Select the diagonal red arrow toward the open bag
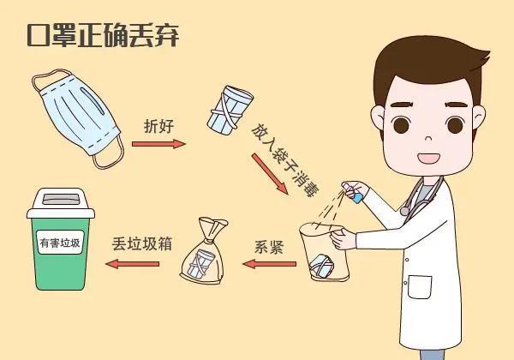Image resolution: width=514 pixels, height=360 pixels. pos(270,176)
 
